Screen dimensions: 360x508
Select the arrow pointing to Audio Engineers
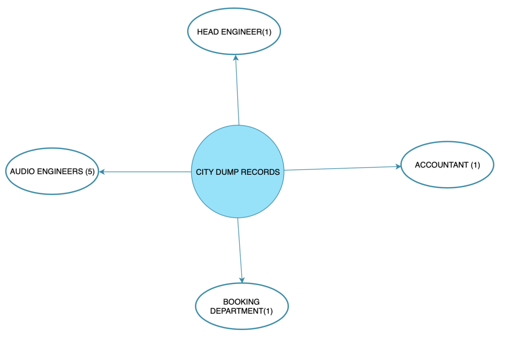click(144, 172)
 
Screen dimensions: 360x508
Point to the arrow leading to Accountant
click(343, 168)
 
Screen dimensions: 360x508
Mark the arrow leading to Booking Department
click(240, 251)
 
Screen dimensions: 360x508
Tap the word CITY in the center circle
click(203, 172)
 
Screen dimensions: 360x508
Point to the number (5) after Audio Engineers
click(89, 172)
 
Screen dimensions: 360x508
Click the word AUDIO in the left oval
click(21, 172)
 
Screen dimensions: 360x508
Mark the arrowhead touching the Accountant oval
click(398, 166)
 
